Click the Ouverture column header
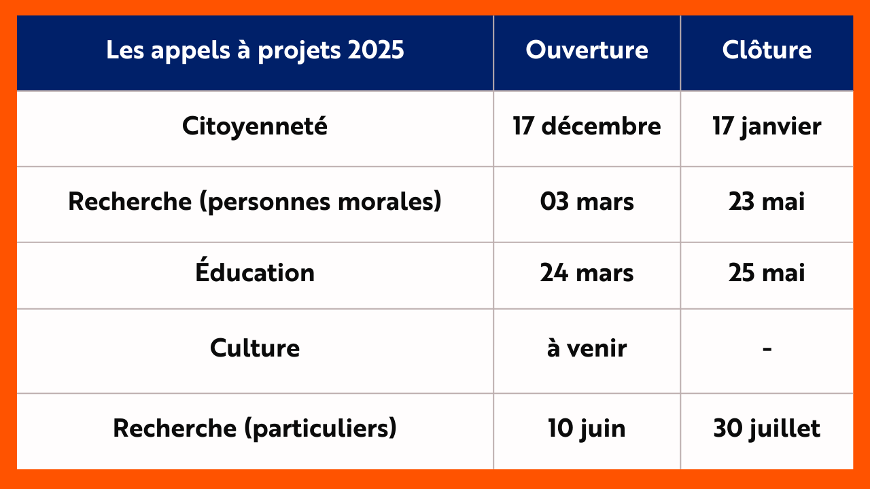(587, 50)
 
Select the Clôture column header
(767, 50)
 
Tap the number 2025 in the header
(376, 50)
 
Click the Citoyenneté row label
(255, 126)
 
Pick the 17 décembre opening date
(587, 126)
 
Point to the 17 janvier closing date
(767, 126)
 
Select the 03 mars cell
(587, 202)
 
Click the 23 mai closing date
(767, 202)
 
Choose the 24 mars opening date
(587, 273)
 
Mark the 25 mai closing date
(767, 272)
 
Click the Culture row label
(255, 348)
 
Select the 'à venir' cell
(587, 347)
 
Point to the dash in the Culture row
(767, 349)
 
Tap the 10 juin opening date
(587, 429)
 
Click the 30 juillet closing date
(767, 429)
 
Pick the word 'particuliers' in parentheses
(321, 429)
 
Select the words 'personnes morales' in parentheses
(321, 202)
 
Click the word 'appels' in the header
(191, 50)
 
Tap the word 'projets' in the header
(299, 51)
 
